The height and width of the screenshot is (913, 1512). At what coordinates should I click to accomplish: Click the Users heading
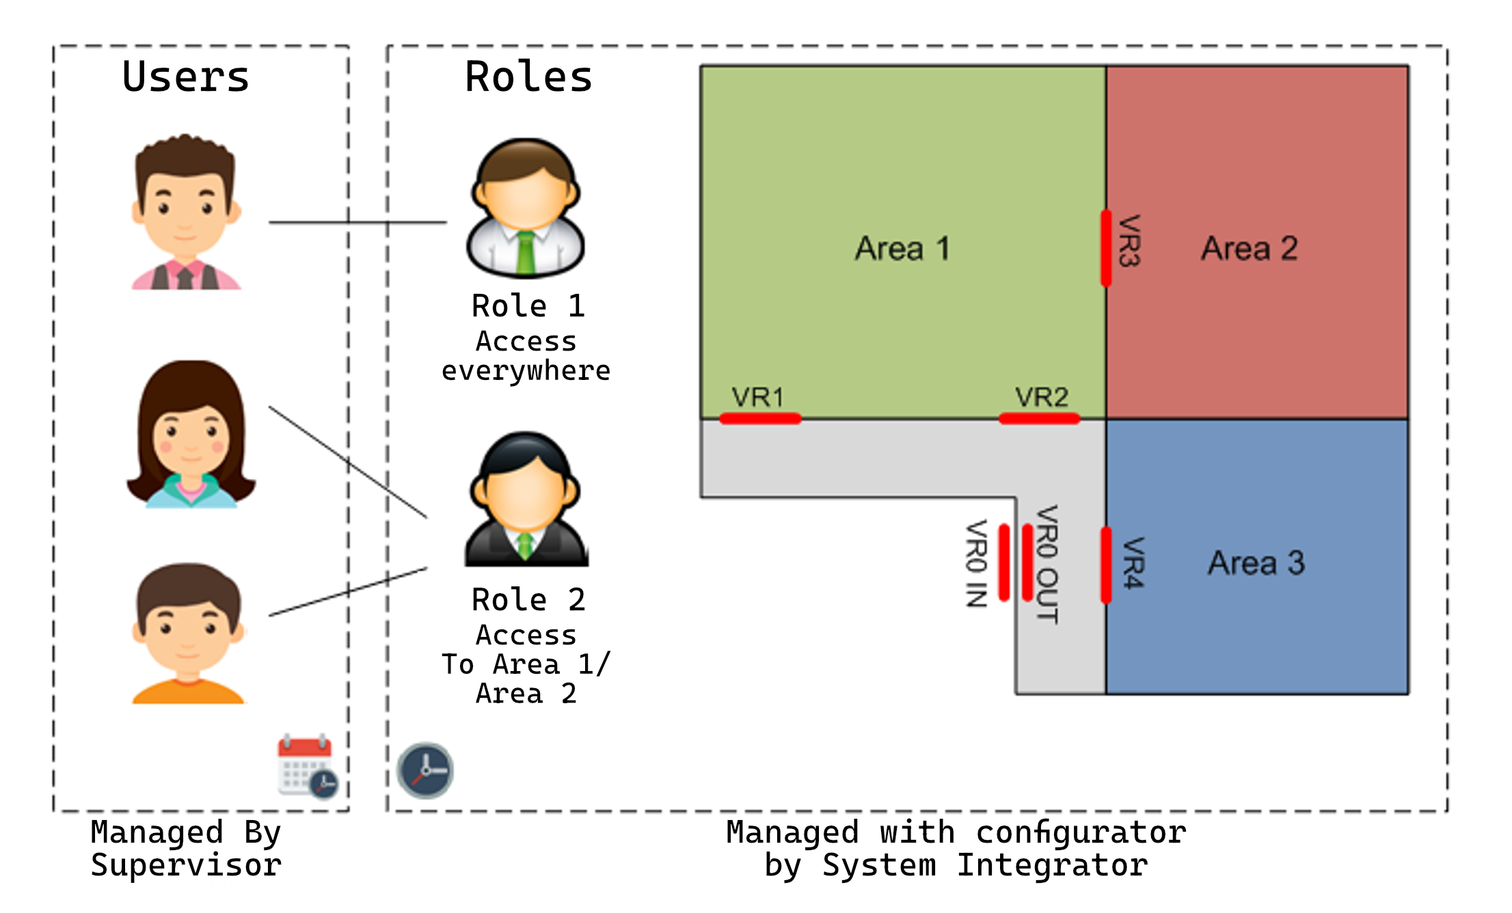[186, 77]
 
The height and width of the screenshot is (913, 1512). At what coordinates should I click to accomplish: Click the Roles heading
[528, 77]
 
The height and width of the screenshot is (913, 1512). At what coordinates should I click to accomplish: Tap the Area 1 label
[902, 248]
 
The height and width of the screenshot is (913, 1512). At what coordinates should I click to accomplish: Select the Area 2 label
[1249, 248]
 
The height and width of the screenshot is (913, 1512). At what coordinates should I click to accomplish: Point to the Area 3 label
[1256, 563]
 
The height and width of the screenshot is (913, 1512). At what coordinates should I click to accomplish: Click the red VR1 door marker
[760, 418]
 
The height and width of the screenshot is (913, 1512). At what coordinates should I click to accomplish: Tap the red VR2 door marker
[1039, 418]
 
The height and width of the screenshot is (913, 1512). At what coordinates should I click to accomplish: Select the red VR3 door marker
[1106, 248]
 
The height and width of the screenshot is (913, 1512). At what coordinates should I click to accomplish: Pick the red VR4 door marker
[1106, 565]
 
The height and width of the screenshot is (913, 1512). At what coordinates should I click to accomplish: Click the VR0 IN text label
[976, 564]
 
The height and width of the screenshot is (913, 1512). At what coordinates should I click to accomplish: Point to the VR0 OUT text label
[1047, 564]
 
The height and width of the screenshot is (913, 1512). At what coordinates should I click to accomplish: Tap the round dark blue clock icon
[425, 771]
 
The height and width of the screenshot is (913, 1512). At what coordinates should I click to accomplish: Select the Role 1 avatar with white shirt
[525, 208]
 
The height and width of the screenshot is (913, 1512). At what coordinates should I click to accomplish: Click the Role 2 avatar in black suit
[525, 500]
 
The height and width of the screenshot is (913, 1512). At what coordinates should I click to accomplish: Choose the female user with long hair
[191, 435]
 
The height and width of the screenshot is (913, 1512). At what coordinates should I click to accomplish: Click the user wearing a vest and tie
[186, 213]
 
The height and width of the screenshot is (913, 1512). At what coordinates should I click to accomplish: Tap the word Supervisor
[186, 865]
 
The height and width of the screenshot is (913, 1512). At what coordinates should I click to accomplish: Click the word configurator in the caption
[1081, 832]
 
